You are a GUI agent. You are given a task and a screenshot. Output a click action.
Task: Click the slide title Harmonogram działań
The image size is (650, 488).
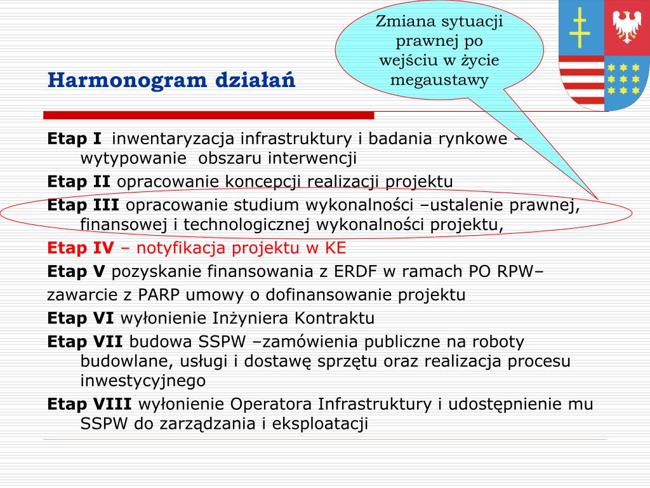(171, 81)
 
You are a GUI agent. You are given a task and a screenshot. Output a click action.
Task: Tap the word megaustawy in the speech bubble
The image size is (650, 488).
(439, 79)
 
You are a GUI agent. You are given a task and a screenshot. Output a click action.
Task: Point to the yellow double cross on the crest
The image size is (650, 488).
(579, 29)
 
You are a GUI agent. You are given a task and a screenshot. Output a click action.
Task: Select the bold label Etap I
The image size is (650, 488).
(74, 139)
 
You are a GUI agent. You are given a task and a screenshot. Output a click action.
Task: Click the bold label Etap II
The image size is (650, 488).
(79, 182)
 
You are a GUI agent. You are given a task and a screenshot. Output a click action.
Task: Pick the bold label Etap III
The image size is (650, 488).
(83, 205)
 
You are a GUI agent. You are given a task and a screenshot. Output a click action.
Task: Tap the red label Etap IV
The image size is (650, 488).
(81, 248)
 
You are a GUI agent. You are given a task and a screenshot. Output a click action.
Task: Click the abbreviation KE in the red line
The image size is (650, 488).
(336, 248)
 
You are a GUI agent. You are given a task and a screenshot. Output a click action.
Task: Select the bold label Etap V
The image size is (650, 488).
(76, 272)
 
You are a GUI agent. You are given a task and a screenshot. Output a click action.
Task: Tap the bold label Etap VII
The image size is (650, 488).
(85, 342)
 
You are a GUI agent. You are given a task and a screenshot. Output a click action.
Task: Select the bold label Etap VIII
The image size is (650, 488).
(90, 404)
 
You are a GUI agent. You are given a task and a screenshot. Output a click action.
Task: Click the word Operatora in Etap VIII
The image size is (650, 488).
(271, 404)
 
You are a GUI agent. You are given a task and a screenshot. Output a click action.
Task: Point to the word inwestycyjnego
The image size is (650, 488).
(143, 381)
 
